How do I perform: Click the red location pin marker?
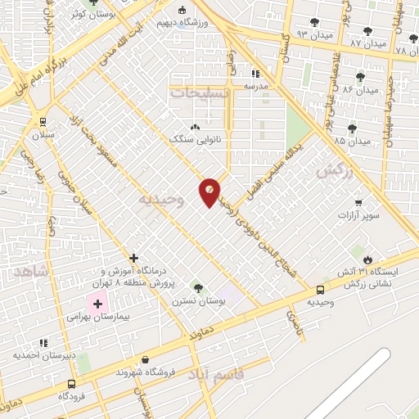click(x=209, y=191)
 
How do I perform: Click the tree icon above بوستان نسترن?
click(x=197, y=287)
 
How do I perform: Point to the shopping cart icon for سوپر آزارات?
click(x=358, y=202)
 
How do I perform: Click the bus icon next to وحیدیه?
click(x=319, y=290)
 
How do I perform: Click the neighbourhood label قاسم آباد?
click(x=215, y=375)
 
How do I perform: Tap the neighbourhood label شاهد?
click(x=32, y=271)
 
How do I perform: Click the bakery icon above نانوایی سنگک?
click(x=194, y=127)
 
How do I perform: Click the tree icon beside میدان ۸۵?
click(x=352, y=128)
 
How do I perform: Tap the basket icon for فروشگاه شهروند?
click(x=145, y=358)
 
